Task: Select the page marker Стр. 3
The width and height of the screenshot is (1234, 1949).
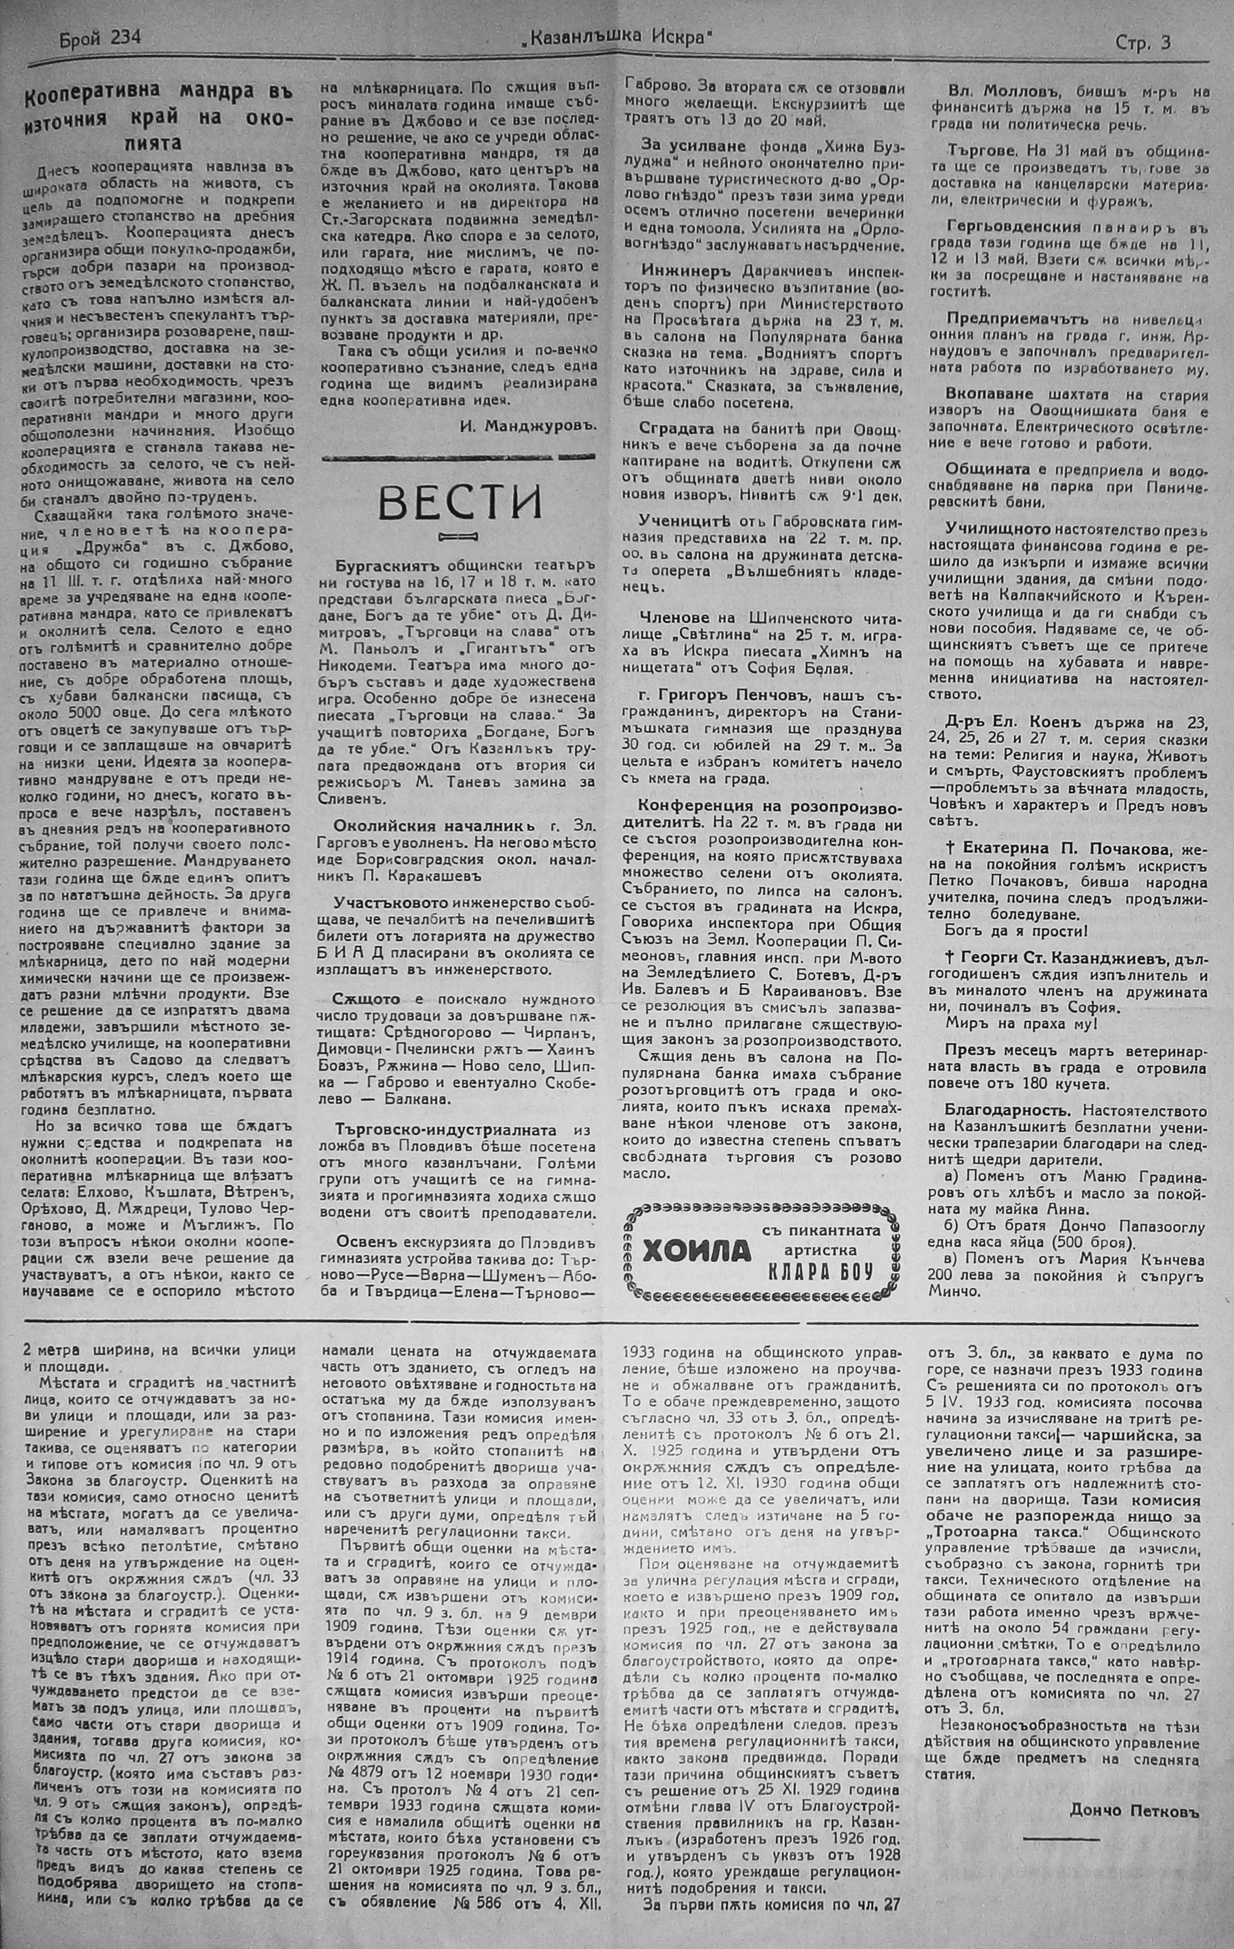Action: tap(1143, 44)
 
